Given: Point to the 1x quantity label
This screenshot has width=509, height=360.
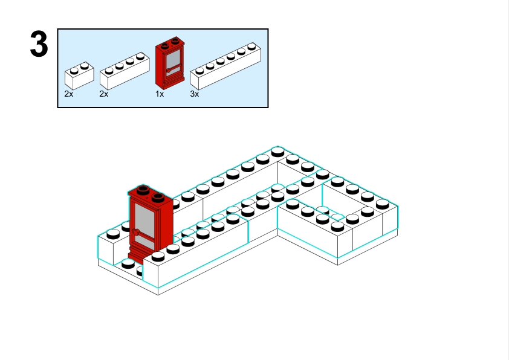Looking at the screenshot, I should click(x=160, y=94).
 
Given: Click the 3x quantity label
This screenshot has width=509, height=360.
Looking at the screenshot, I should click(x=195, y=94).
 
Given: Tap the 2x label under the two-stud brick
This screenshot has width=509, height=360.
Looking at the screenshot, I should click(x=69, y=94).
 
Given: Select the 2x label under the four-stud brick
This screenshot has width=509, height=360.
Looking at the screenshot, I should click(x=103, y=94).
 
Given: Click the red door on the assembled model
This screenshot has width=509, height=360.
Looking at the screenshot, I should click(x=150, y=223).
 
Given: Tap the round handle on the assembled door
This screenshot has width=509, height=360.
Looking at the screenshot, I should click(x=137, y=231).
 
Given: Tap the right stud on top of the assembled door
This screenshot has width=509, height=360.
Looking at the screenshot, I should click(x=158, y=196).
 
